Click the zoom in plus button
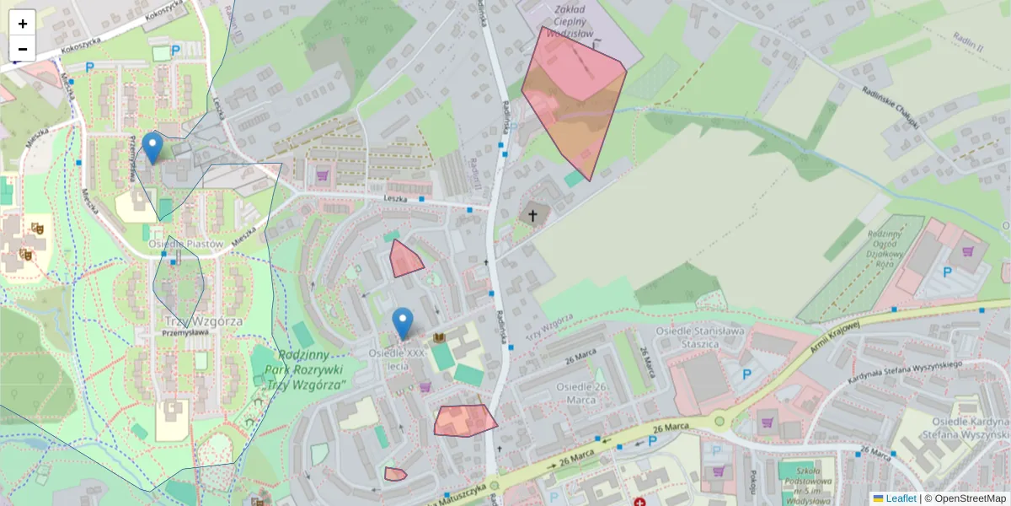pyautogui.click(x=23, y=24)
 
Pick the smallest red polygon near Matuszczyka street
pyautogui.click(x=395, y=474)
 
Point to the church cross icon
pyautogui.click(x=532, y=216)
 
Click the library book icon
pyautogui.click(x=438, y=339)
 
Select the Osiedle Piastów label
pyautogui.click(x=185, y=245)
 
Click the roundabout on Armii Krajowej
pyautogui.click(x=719, y=421)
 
